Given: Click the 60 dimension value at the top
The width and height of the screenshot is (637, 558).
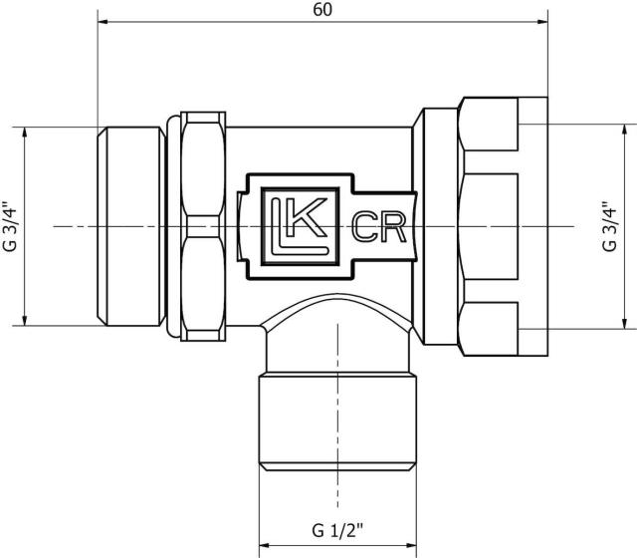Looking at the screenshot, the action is click(x=322, y=10).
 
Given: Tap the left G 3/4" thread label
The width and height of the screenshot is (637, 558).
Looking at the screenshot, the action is click(x=10, y=226).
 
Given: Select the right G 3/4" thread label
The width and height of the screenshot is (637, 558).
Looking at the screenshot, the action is click(x=609, y=226).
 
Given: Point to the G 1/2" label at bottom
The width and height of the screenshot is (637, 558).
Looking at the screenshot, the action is click(x=337, y=531).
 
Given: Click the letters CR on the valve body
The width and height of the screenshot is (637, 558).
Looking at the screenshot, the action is click(x=378, y=227).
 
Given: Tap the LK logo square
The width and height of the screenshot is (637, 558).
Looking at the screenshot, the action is click(x=301, y=226).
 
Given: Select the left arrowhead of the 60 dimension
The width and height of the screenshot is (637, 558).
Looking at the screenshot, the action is click(x=104, y=22).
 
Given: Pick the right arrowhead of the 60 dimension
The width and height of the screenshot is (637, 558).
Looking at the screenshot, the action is click(x=542, y=22).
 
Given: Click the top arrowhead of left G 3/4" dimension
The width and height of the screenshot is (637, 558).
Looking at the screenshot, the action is click(x=25, y=133).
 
